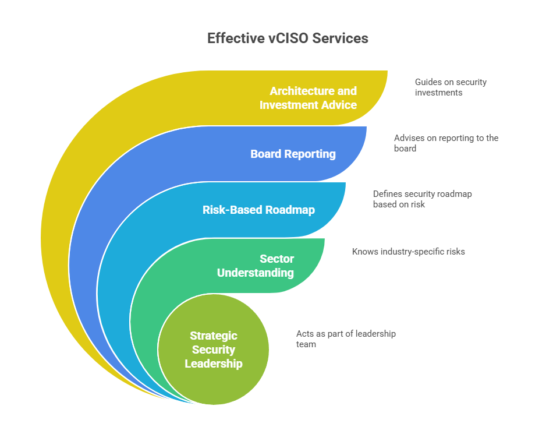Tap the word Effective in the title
pos(236,38)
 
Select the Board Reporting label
pos(293,154)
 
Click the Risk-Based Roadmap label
pos(258,210)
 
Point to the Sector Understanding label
pos(256,266)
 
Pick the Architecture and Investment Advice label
pos(309,98)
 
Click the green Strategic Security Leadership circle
pos(214,349)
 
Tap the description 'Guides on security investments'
pos(451,87)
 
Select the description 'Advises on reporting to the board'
pos(446,143)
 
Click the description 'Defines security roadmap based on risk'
pos(423,199)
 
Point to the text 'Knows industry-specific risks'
pos(409,252)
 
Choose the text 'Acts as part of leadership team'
pos(346,339)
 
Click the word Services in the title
pos(341,38)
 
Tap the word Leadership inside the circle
pos(214,364)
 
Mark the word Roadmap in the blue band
pos(290,210)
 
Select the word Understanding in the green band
pos(256,273)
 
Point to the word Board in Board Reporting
pos(265,154)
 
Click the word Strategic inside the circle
pos(214,336)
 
